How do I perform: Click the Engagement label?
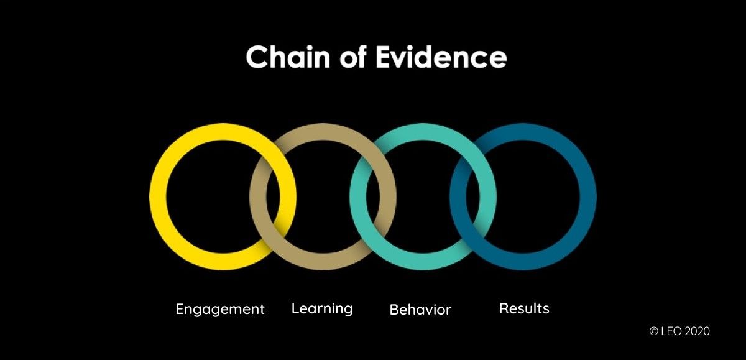point(220,309)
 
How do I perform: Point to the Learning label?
point(322,308)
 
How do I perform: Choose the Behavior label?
point(420,309)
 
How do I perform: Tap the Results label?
point(524,308)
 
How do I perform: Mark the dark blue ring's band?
point(584,196)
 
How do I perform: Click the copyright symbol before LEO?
point(653,331)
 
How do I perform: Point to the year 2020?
point(696,331)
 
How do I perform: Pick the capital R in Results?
point(504,308)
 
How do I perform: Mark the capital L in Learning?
point(295,308)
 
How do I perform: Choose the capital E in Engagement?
point(180,308)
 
